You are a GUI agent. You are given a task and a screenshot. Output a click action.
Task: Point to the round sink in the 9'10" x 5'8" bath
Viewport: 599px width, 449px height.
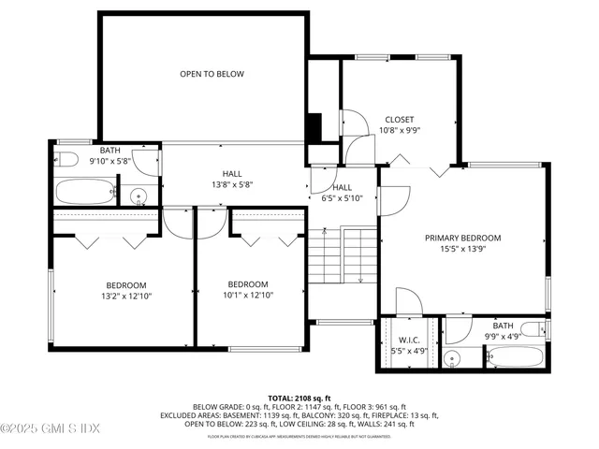(x=138, y=196)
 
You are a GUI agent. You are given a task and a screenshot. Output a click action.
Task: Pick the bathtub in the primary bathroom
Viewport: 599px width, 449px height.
(x=514, y=356)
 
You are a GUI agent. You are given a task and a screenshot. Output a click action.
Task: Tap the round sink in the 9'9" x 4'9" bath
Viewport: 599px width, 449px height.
(x=454, y=357)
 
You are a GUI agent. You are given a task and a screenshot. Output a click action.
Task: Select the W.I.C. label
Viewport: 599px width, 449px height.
(x=408, y=340)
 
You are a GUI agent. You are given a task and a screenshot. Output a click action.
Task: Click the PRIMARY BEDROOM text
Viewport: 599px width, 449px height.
(x=462, y=239)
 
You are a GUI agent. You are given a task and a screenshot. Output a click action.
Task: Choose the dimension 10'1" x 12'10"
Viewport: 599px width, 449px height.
(x=248, y=297)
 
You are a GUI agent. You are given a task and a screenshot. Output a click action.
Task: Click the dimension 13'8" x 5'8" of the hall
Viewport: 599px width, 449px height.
(x=231, y=184)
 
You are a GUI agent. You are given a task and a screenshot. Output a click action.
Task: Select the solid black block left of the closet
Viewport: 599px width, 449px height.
(x=315, y=126)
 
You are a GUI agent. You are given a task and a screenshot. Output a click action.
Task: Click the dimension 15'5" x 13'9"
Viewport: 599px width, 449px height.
(x=462, y=250)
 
